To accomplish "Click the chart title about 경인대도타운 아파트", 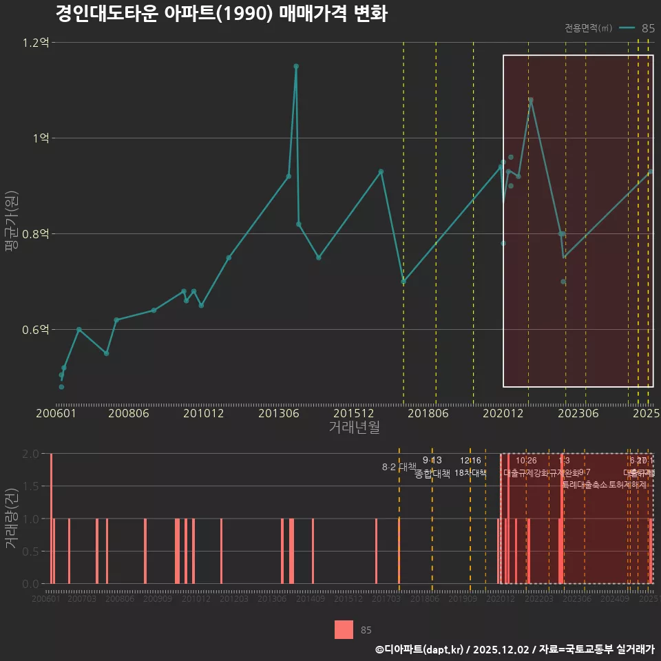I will click(220, 14).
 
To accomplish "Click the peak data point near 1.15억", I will click(296, 66).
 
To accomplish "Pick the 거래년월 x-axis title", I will click(354, 428).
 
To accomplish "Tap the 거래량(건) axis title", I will click(10, 518).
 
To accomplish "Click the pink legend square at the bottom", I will click(344, 629).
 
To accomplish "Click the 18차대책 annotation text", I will click(470, 473).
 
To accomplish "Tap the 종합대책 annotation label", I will click(432, 473).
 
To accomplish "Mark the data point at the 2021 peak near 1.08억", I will click(531, 100).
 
